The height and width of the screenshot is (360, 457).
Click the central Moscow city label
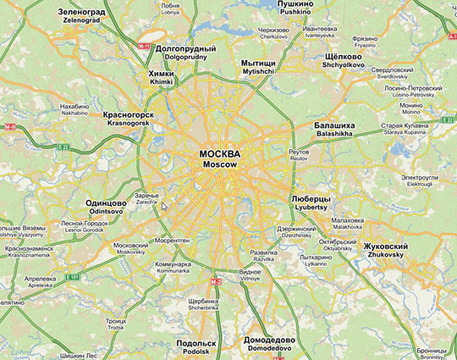(219, 158)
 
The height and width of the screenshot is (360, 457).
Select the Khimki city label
(161, 78)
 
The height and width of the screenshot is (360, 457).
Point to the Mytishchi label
(257, 67)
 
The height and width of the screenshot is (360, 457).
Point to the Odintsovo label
(106, 208)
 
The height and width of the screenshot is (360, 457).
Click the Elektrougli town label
(420, 180)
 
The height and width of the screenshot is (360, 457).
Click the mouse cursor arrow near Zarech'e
(165, 206)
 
